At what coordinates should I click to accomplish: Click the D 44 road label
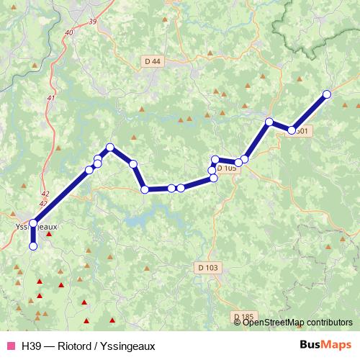[x=152, y=62]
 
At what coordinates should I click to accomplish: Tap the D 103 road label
[x=207, y=267]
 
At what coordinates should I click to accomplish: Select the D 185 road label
[x=245, y=316]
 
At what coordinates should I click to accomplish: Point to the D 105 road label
[x=226, y=168]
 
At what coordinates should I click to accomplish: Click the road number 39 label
[x=92, y=22]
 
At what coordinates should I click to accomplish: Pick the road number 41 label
[x=50, y=98]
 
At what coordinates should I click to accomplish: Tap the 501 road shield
[x=302, y=131]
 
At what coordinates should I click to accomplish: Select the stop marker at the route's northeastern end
[x=327, y=94]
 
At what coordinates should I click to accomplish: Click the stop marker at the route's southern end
[x=32, y=246]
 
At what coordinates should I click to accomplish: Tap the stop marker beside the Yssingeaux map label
[x=32, y=222]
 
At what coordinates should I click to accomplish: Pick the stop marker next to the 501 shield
[x=292, y=130]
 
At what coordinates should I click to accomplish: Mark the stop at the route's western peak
[x=110, y=148]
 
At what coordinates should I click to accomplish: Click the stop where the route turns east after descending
[x=145, y=189]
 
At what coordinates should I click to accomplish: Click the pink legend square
[x=11, y=346]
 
